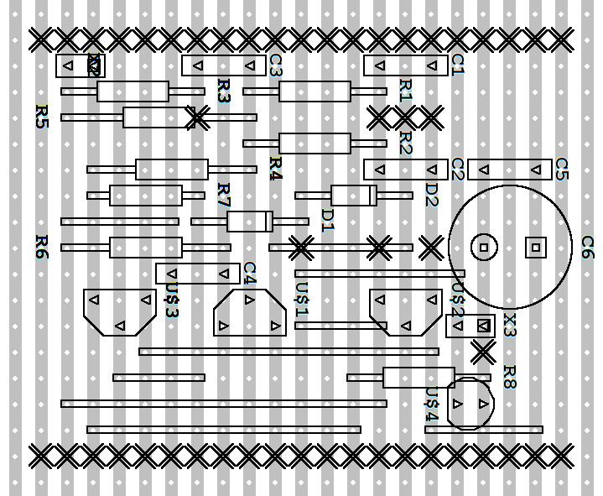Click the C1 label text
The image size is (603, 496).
(457, 65)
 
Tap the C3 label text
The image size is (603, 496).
(275, 65)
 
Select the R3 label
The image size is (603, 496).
(223, 91)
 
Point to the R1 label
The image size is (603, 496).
(405, 91)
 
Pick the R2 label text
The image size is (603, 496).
(405, 143)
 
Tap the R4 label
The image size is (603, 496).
(275, 169)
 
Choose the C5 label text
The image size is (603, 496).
(561, 169)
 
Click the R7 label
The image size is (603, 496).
(223, 195)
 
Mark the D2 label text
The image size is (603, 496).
(431, 195)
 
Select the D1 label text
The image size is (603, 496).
(327, 221)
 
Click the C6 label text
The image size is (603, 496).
(587, 247)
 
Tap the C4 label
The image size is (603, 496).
(249, 273)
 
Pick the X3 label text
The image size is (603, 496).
(509, 325)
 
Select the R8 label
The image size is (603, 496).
(509, 377)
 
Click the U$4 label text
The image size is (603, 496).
(431, 405)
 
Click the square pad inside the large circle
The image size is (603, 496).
(535, 247)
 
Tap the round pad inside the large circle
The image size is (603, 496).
(483, 247)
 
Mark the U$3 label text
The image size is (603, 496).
(171, 300)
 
